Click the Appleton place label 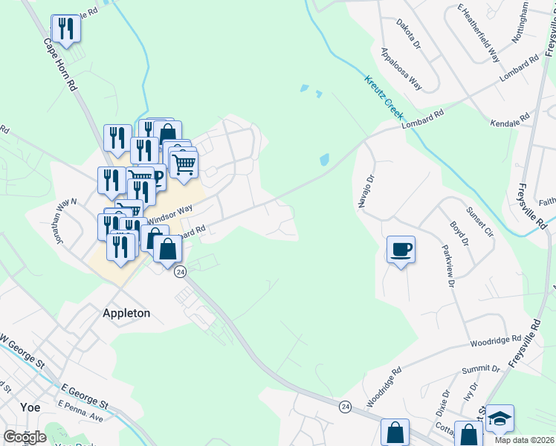[x=126, y=313]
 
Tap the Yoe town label [x=30, y=407]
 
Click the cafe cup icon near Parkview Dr [x=401, y=249]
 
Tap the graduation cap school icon [x=500, y=418]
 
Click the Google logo [x=25, y=437]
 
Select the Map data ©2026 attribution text [x=525, y=440]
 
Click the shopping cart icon [x=184, y=163]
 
